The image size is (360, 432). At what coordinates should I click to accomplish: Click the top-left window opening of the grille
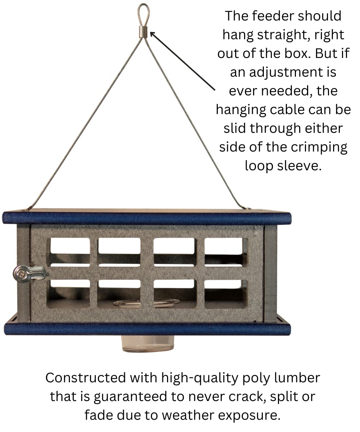tap(69, 251)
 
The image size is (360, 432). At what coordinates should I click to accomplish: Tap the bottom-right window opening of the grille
tap(226, 293)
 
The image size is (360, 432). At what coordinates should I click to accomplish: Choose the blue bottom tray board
tap(147, 329)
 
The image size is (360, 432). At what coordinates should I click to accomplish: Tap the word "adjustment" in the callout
tap(291, 72)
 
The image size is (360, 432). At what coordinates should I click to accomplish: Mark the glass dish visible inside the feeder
tap(146, 303)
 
